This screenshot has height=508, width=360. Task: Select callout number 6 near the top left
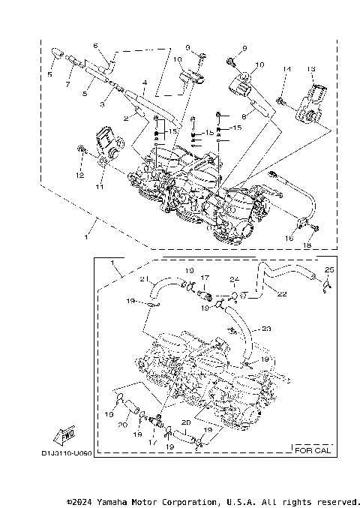[x=96, y=46]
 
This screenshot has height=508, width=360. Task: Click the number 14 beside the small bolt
[x=286, y=69]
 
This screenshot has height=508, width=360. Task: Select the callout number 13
[x=310, y=69]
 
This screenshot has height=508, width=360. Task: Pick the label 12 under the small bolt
[x=78, y=176]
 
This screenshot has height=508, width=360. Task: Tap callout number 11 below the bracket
[x=98, y=187]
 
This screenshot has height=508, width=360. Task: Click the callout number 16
[x=289, y=238]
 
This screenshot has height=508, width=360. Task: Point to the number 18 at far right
[x=307, y=245]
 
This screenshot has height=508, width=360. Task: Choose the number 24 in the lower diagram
[x=233, y=278]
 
